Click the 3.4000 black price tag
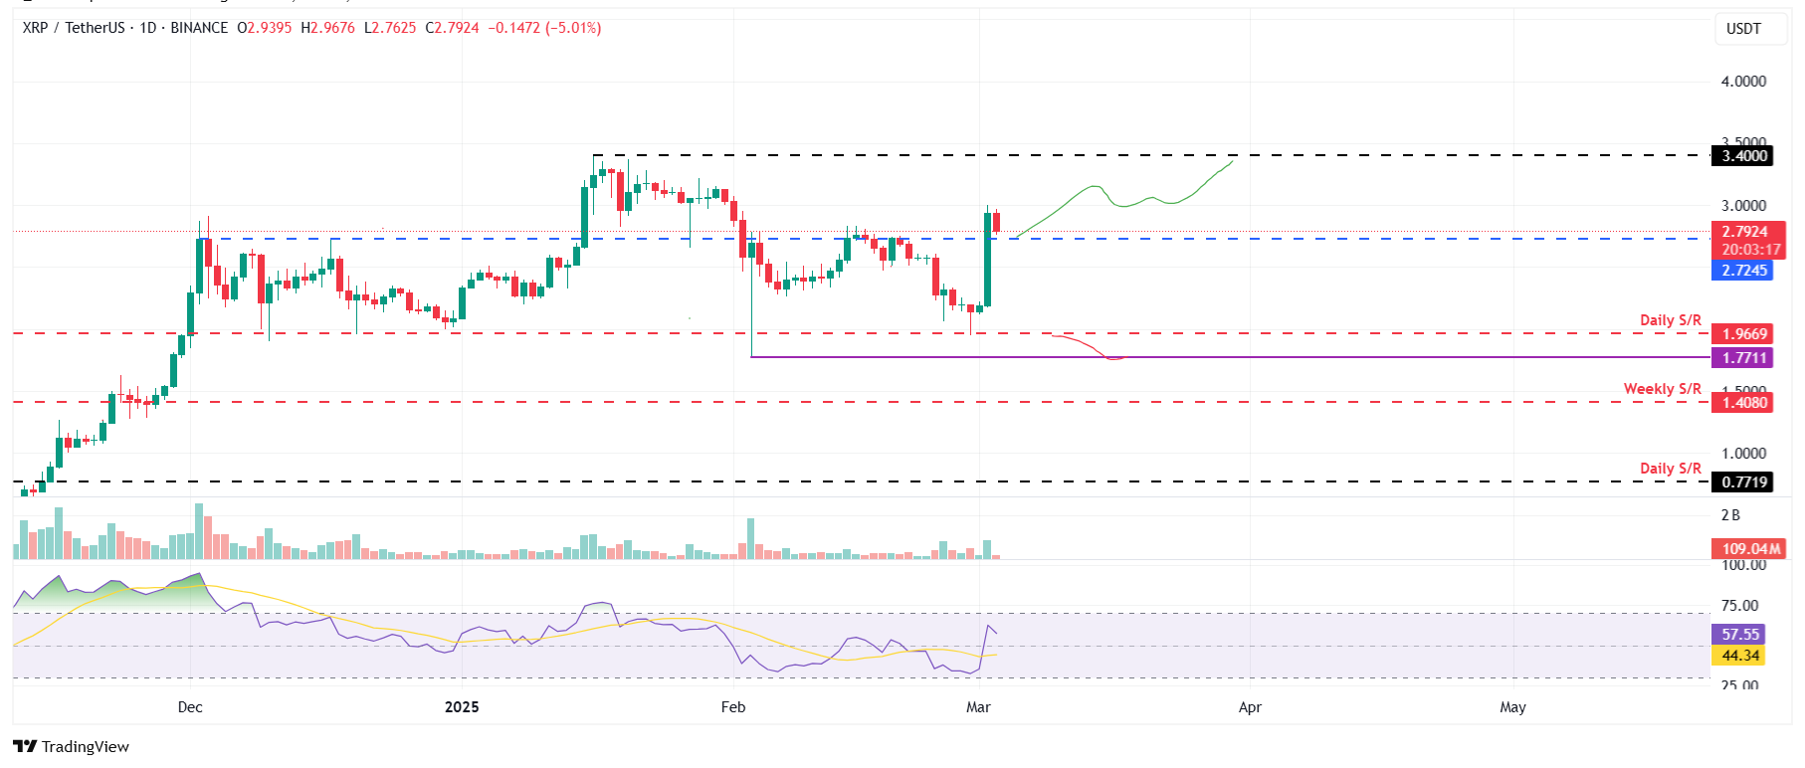tap(1744, 155)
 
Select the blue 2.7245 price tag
tap(1744, 271)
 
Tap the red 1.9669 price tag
tap(1744, 334)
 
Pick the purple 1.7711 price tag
tap(1744, 358)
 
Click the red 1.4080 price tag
tap(1744, 403)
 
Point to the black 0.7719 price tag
tap(1744, 482)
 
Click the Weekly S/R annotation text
tap(1662, 389)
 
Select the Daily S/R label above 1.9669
tap(1670, 320)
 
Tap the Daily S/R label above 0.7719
tap(1670, 469)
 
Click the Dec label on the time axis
tap(190, 707)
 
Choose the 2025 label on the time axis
tap(462, 707)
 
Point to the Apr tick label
tap(1250, 707)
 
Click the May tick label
tap(1512, 707)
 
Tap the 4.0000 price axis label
tap(1743, 82)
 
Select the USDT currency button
tap(1743, 29)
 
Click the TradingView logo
tap(72, 747)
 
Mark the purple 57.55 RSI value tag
tap(1740, 635)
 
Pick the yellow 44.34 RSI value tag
tap(1740, 657)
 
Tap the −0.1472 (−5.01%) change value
tap(544, 28)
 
